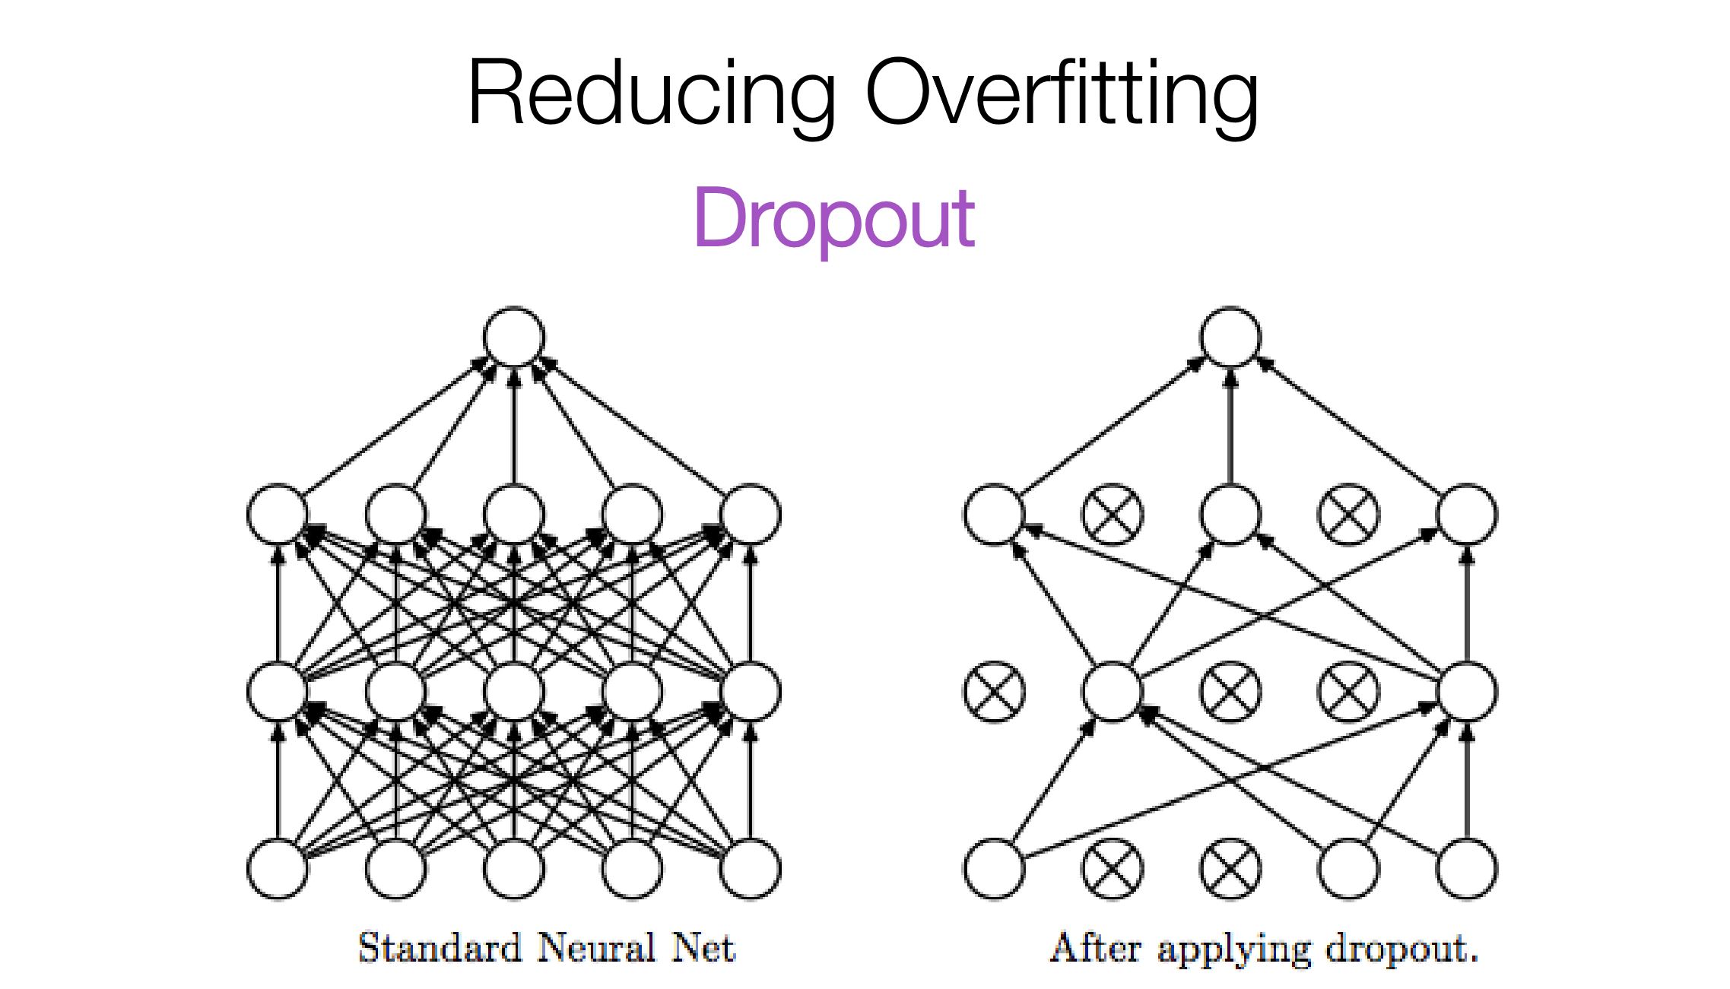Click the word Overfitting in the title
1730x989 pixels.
point(1062,94)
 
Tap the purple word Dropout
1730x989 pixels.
point(833,219)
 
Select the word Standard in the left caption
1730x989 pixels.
point(440,948)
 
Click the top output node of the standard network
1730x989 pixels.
point(515,337)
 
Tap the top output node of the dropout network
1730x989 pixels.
point(1230,337)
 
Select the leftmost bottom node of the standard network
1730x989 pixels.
point(278,868)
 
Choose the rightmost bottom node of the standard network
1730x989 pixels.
point(751,868)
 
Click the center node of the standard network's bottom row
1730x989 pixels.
point(515,868)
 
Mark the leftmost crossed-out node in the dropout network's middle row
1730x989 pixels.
point(994,692)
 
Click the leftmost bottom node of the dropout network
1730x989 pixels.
point(994,868)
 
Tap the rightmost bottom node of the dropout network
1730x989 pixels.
point(1467,868)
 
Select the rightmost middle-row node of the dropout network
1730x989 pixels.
point(1467,692)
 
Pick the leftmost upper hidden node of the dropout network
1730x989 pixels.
point(994,515)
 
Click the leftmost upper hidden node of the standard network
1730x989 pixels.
point(278,515)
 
